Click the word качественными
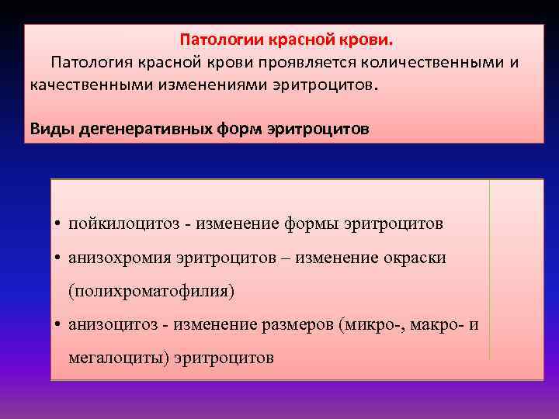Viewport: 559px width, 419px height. [82, 84]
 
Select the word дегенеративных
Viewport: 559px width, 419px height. [130, 128]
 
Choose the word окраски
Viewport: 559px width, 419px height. [415, 258]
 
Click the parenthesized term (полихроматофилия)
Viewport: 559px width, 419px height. [151, 292]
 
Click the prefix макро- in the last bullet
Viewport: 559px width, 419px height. [428, 325]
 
